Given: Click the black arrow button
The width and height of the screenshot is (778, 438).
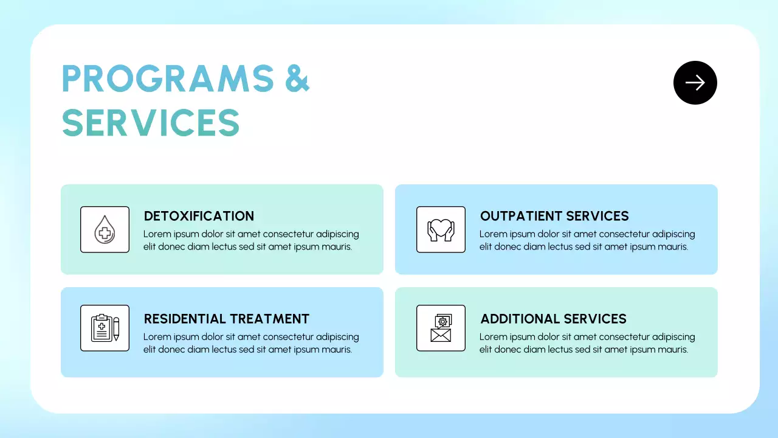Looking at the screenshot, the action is [695, 83].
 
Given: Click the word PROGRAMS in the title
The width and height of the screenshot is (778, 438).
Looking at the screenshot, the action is [168, 78].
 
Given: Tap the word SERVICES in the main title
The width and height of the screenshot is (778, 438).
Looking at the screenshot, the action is [151, 122].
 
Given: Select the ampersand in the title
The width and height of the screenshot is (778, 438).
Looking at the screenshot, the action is [297, 78].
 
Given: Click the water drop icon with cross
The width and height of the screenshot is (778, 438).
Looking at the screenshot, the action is [105, 229].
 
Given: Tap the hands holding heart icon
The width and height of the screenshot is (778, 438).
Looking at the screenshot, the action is [441, 229].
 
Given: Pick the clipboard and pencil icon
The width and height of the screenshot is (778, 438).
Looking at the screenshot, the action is [105, 328].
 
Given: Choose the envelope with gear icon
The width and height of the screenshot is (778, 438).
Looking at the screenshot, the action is [441, 328].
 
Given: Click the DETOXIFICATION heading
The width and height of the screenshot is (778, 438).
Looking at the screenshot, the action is [199, 216].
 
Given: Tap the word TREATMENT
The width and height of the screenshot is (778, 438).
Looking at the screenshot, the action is [269, 319].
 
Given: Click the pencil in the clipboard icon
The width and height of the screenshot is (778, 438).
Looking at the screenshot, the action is [116, 329].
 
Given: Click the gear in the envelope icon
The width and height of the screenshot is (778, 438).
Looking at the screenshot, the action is [442, 322].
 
